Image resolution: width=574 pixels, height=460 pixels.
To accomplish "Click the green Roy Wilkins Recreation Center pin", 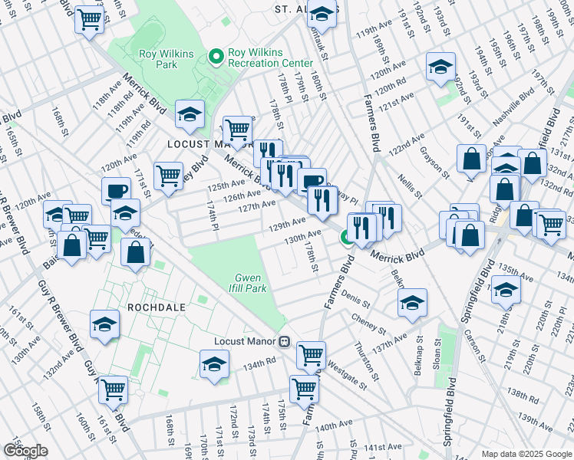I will coord(216,56).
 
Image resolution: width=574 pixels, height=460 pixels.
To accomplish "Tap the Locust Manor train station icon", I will coord(284,342).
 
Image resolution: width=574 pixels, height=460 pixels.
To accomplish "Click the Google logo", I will coord(25,451).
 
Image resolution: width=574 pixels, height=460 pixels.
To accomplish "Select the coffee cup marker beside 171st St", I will coord(117,191).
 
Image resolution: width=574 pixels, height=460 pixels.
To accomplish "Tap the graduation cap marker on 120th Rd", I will coord(440,67).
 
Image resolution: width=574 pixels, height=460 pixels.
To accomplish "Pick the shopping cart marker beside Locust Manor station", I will coord(310,355).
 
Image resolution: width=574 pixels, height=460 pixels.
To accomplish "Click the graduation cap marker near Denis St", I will coord(412,303).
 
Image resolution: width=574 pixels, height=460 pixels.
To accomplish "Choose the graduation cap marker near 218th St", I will coord(506,290).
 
